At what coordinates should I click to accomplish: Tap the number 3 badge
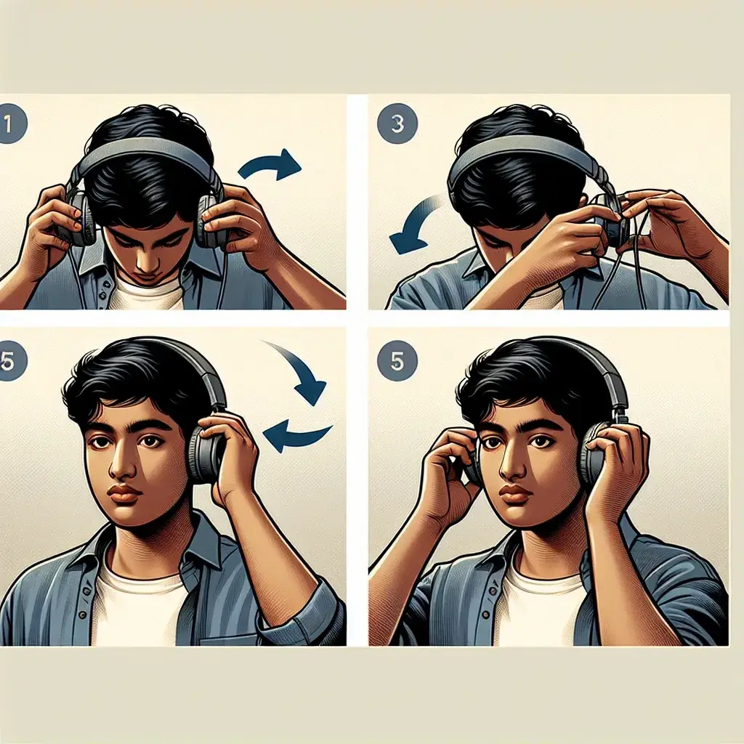pyautogui.click(x=397, y=124)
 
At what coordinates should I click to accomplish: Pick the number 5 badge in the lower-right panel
pyautogui.click(x=397, y=362)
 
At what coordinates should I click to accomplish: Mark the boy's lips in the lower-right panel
pyautogui.click(x=515, y=495)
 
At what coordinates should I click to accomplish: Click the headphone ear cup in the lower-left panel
pyautogui.click(x=205, y=456)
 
